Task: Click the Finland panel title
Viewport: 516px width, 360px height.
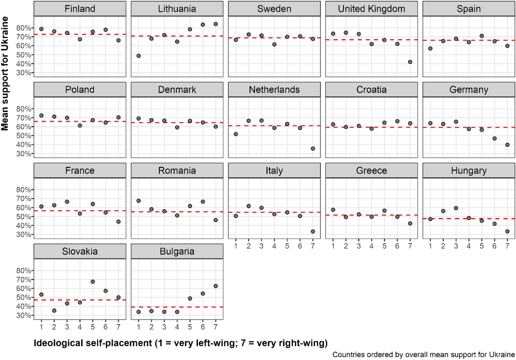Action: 80,9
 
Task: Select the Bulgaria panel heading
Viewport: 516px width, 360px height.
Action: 177,251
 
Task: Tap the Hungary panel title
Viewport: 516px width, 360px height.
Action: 468,171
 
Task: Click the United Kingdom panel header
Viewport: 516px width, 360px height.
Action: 371,9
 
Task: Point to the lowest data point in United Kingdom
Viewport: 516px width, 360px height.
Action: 410,62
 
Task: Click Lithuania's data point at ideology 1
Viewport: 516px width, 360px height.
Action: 138,56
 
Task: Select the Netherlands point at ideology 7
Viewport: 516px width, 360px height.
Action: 313,149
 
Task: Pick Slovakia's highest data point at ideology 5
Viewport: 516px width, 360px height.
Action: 93,282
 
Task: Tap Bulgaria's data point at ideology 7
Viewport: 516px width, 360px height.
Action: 215,286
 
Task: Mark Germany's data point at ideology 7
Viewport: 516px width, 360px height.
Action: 507,145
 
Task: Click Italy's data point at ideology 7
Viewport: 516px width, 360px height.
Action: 313,232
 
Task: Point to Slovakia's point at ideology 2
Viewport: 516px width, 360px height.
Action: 54,311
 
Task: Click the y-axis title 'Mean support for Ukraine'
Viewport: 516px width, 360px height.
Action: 5,74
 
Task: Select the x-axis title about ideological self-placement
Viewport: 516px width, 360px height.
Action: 180,343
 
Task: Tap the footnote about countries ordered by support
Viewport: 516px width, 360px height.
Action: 423,355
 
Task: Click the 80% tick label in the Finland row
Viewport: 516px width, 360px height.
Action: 23,28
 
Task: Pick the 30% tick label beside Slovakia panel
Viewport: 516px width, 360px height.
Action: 23,315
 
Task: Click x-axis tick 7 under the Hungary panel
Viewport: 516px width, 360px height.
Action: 507,246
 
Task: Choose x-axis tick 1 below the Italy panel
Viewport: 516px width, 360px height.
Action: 236,246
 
